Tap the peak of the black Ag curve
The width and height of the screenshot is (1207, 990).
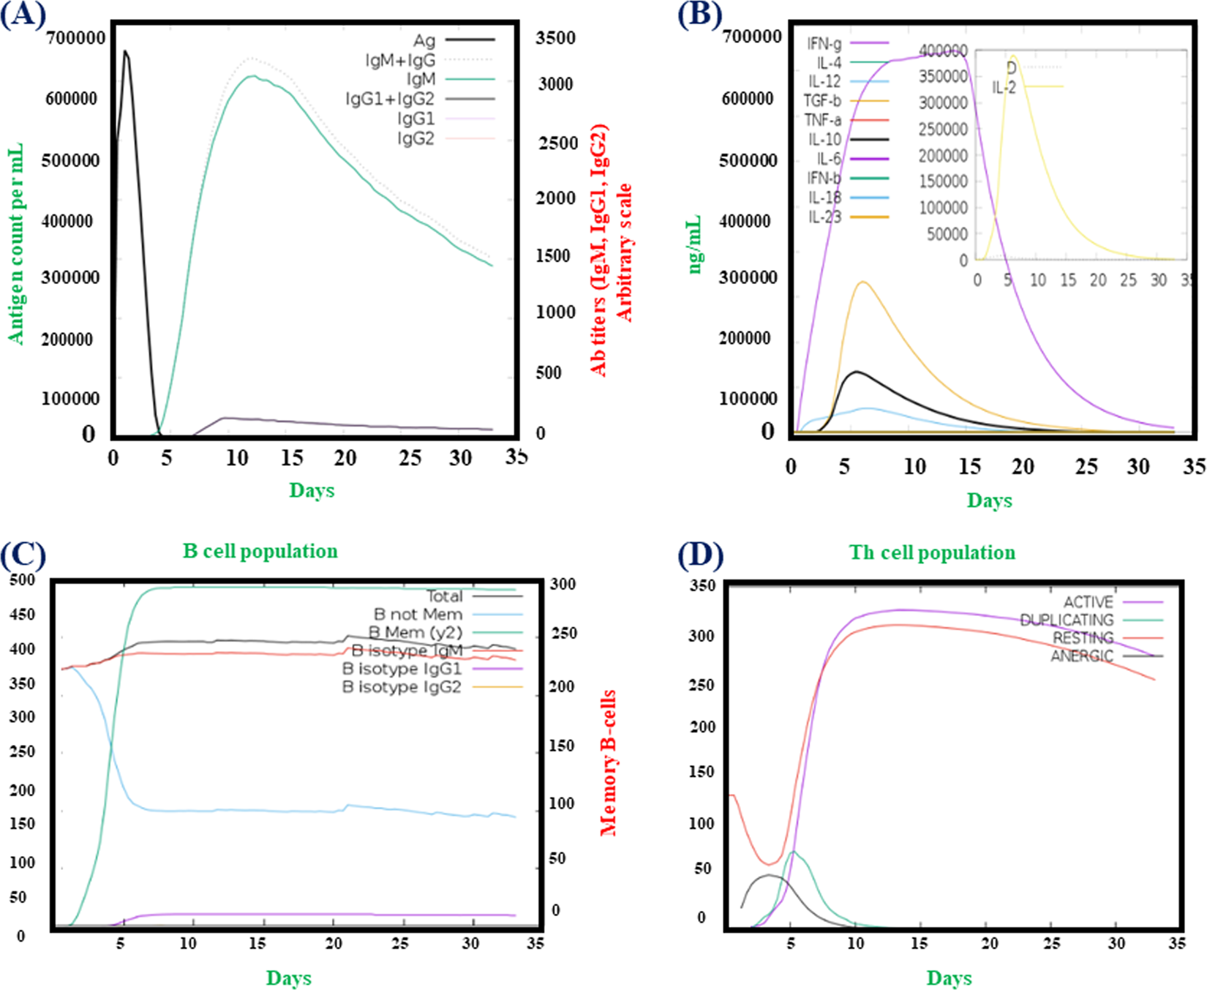coord(125,51)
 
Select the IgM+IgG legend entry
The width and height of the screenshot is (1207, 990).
coord(401,59)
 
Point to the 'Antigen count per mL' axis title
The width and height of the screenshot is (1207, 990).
coord(16,244)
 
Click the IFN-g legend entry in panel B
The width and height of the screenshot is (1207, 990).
coord(824,43)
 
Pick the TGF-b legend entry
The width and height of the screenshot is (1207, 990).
coord(822,101)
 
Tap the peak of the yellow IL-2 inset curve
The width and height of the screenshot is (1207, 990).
coord(1013,56)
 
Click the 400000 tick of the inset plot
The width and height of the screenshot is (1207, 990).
coord(944,50)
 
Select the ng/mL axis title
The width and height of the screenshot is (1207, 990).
coord(695,244)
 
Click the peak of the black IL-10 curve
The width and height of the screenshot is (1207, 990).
coord(856,372)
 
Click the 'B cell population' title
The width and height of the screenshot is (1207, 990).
coord(260,551)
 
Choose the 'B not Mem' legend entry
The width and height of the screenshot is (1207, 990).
coord(418,615)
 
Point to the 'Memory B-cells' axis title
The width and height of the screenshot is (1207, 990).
coord(608,762)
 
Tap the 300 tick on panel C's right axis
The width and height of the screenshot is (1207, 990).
coord(563,584)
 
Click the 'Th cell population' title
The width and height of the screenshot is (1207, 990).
coord(932,552)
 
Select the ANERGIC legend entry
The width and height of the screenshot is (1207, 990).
coord(1082,656)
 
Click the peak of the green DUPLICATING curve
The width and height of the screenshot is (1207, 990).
coord(793,851)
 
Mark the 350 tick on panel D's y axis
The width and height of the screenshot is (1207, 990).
coord(702,585)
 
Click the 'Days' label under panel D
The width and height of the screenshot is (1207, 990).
coord(949,978)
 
